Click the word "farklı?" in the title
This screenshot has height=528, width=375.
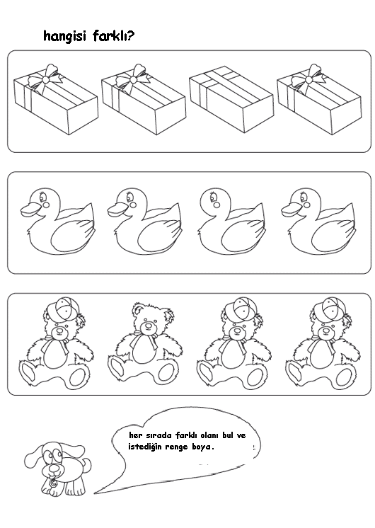tap(114, 35)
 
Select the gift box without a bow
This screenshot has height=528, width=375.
tap(231, 99)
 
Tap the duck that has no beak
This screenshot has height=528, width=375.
tap(231, 221)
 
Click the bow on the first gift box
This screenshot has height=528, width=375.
tap(45, 79)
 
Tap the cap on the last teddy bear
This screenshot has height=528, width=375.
tap(330, 309)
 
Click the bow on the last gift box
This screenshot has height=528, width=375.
tap(309, 79)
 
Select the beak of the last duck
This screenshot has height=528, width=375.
tap(292, 210)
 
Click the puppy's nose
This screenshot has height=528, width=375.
tap(54, 469)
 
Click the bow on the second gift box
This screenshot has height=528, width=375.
tap(133, 79)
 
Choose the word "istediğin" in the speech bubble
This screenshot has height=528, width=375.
tap(145, 447)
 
